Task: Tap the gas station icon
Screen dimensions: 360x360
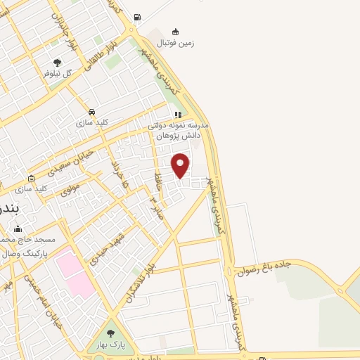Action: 137,18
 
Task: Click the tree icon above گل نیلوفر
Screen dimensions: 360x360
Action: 58,63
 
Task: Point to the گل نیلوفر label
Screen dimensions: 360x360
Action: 58,73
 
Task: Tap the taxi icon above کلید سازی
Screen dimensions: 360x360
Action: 91,112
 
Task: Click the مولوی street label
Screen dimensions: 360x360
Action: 70,188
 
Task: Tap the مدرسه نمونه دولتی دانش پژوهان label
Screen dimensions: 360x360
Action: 179,129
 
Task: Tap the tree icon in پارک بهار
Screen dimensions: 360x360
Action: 110,333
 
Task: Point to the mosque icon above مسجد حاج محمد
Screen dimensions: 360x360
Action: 18,229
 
